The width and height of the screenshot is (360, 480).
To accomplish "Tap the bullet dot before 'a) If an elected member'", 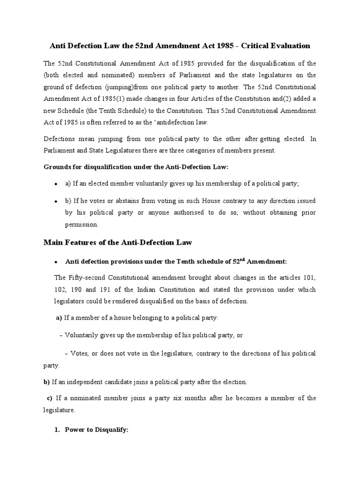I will pos(56,185).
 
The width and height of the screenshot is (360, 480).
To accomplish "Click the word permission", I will pos(82,225).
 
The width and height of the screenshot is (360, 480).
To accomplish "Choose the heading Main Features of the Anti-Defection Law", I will pos(118,242).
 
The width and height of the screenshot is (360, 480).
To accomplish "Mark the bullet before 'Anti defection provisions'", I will pos(56,262).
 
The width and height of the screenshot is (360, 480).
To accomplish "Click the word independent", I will pos(87,382).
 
